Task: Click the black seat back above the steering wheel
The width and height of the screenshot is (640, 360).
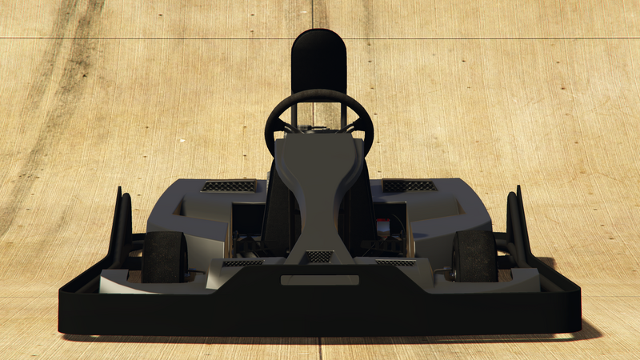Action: click(318, 60)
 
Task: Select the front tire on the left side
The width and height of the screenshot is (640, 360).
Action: click(164, 256)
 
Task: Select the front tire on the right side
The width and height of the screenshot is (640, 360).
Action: click(474, 256)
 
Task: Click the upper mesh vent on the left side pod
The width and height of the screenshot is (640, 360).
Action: click(229, 186)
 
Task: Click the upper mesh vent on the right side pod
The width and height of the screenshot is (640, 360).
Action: click(410, 186)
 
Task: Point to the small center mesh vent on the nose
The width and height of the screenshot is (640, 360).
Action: click(319, 256)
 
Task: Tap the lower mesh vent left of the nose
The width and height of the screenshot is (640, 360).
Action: click(242, 262)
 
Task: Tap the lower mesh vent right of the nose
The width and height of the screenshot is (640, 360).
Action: click(395, 262)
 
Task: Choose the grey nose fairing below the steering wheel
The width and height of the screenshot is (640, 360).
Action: click(318, 192)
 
